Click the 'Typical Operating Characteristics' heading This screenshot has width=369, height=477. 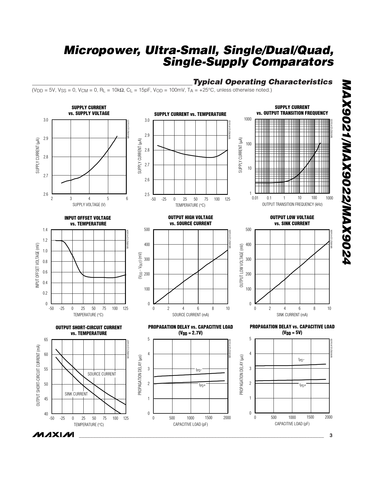(x=262, y=82)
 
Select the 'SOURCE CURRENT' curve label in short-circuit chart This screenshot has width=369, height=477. (x=102, y=374)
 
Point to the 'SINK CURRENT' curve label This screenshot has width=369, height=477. (x=76, y=394)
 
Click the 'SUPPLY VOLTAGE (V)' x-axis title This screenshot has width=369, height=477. (x=89, y=205)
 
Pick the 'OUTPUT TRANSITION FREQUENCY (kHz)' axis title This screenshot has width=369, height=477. (x=292, y=204)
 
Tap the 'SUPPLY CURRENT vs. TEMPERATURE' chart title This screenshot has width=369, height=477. (x=190, y=114)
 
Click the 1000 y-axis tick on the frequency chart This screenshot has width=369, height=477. (x=248, y=119)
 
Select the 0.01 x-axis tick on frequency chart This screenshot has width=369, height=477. (x=255, y=198)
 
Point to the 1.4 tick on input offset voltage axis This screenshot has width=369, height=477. (x=45, y=230)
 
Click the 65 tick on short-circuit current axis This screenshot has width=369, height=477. (x=46, y=340)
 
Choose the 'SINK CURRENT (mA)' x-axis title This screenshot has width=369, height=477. (x=292, y=315)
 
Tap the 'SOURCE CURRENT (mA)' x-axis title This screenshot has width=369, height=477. (x=190, y=315)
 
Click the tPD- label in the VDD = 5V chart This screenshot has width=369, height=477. (x=301, y=360)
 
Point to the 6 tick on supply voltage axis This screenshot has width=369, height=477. (x=127, y=199)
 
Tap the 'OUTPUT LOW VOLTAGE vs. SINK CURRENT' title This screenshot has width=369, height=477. (x=292, y=220)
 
